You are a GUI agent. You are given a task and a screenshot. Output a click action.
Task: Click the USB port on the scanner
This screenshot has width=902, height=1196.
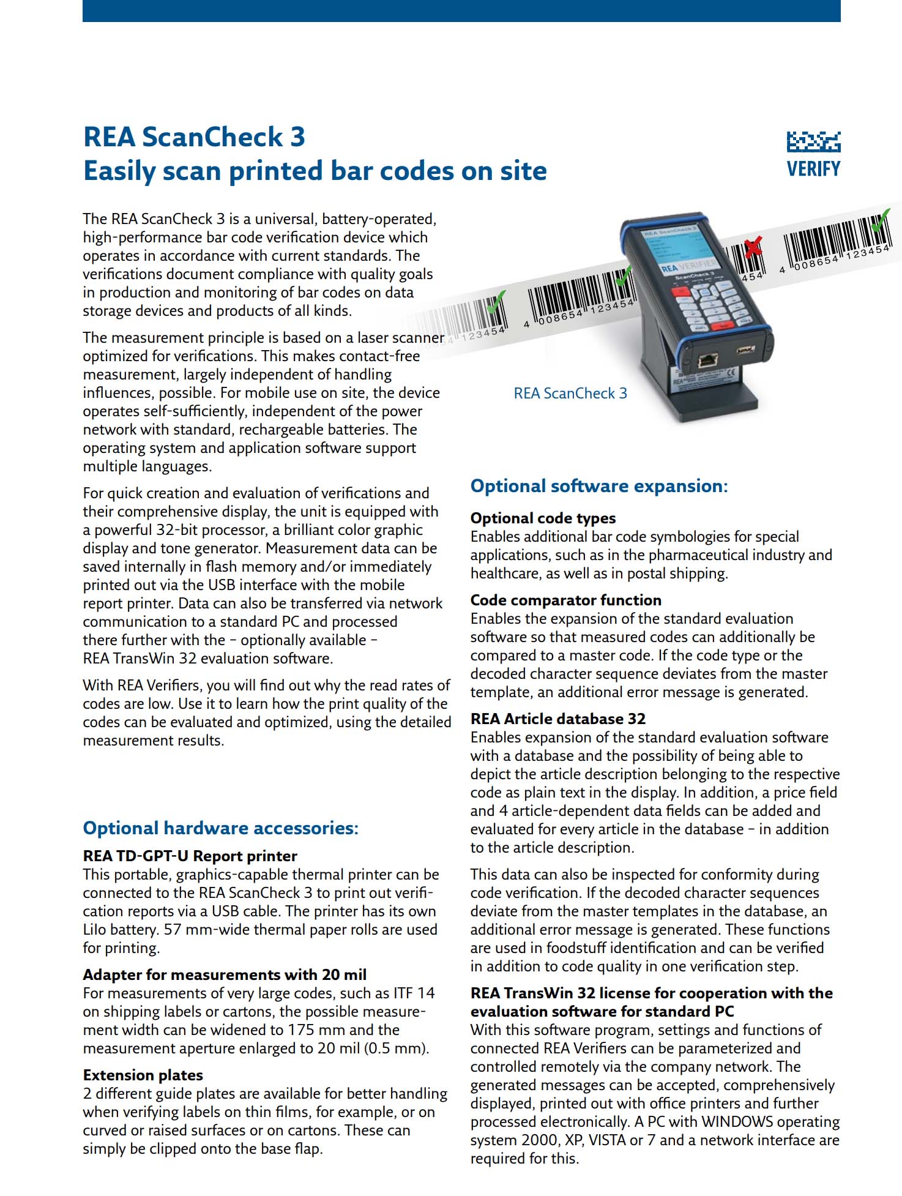[745, 351]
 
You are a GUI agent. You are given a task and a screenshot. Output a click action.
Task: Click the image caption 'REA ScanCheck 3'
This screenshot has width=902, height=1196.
[570, 394]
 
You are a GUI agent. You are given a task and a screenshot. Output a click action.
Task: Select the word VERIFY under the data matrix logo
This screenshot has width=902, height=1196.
[813, 169]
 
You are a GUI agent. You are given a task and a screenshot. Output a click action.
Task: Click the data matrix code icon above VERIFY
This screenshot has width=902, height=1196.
[813, 142]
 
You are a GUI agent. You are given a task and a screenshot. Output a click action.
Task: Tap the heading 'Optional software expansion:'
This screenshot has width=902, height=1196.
[599, 486]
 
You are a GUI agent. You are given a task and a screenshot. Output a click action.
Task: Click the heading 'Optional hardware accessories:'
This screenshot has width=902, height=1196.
[220, 828]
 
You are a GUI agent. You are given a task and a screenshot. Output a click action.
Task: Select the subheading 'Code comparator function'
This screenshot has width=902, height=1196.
[565, 600]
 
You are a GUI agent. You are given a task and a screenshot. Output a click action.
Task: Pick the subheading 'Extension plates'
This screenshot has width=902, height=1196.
[143, 1075]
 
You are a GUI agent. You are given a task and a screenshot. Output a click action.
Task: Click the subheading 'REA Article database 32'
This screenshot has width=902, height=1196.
[557, 719]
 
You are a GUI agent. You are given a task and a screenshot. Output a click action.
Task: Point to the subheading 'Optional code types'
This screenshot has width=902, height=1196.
[543, 518]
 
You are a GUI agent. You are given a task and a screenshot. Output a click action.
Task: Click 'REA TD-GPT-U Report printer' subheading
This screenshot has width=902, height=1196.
[190, 856]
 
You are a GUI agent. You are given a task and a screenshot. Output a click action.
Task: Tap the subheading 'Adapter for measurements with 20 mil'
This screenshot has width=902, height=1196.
[225, 974]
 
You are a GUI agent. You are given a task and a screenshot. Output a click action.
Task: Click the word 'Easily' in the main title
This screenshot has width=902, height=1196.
[119, 171]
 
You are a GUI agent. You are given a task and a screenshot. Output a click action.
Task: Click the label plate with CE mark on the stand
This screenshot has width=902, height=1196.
[704, 381]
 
